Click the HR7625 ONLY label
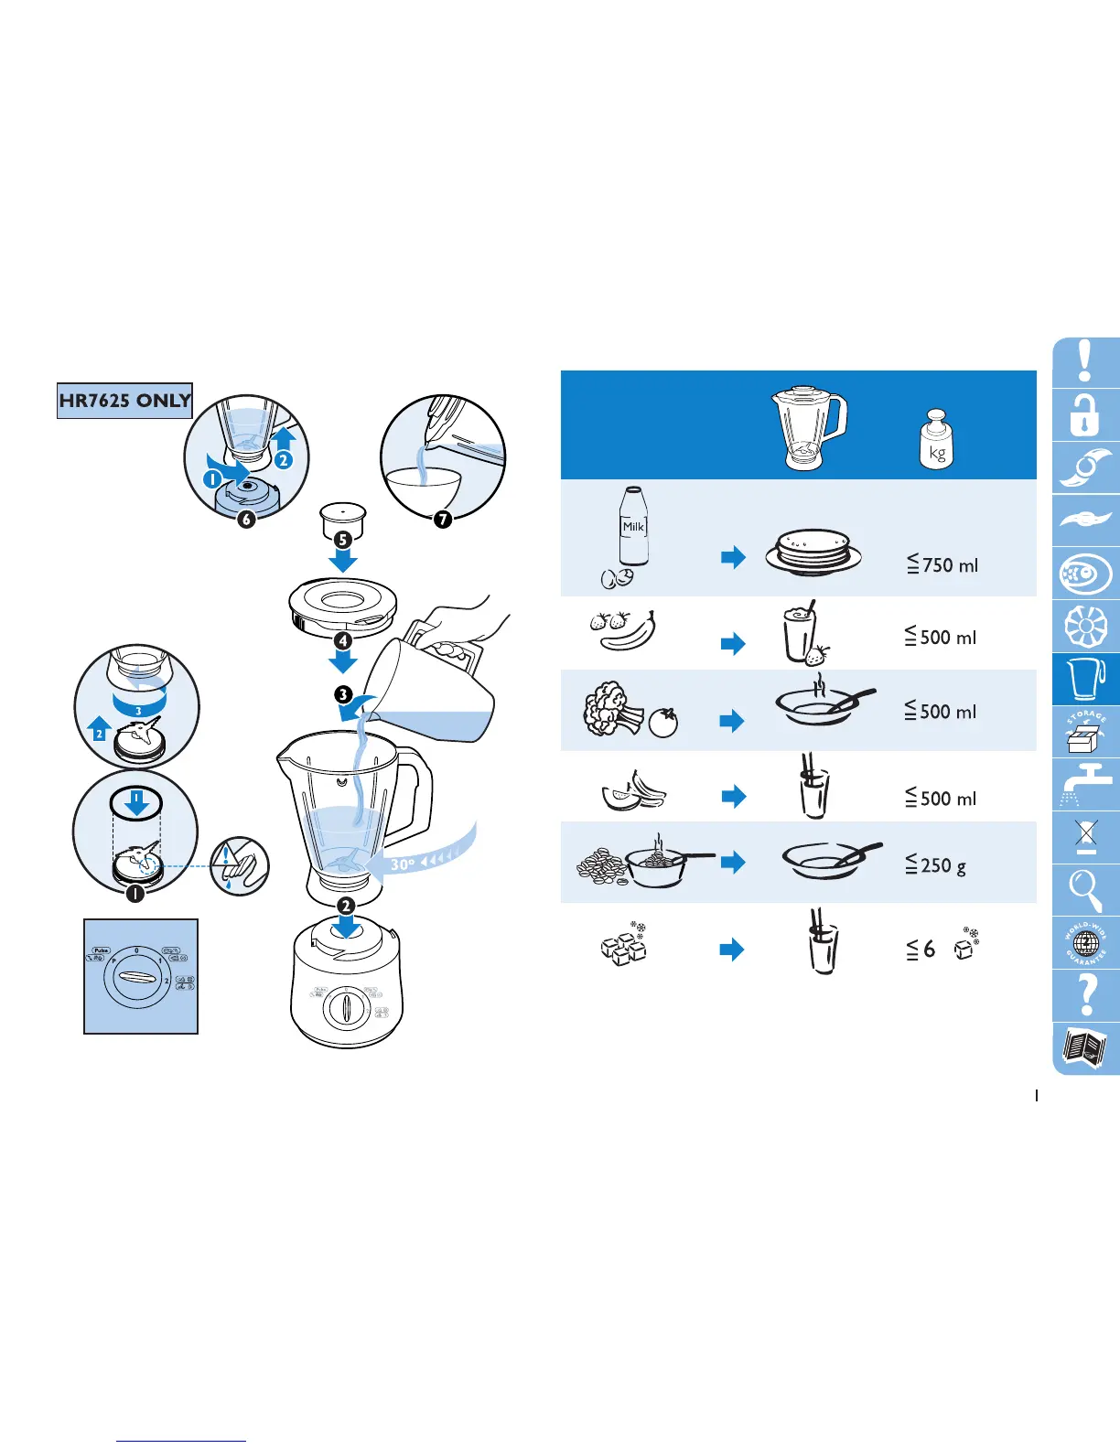coord(124,401)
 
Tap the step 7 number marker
coord(443,520)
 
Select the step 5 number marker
coord(344,540)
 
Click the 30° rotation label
coord(403,864)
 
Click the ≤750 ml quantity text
coord(942,565)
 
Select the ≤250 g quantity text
coord(935,864)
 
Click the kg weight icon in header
coord(935,439)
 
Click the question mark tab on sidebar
coord(1086,995)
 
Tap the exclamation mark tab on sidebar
coord(1085,362)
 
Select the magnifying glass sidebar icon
coord(1086,890)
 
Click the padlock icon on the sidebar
coord(1085,415)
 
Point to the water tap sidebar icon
coord(1086,784)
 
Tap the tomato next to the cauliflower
coord(663,723)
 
